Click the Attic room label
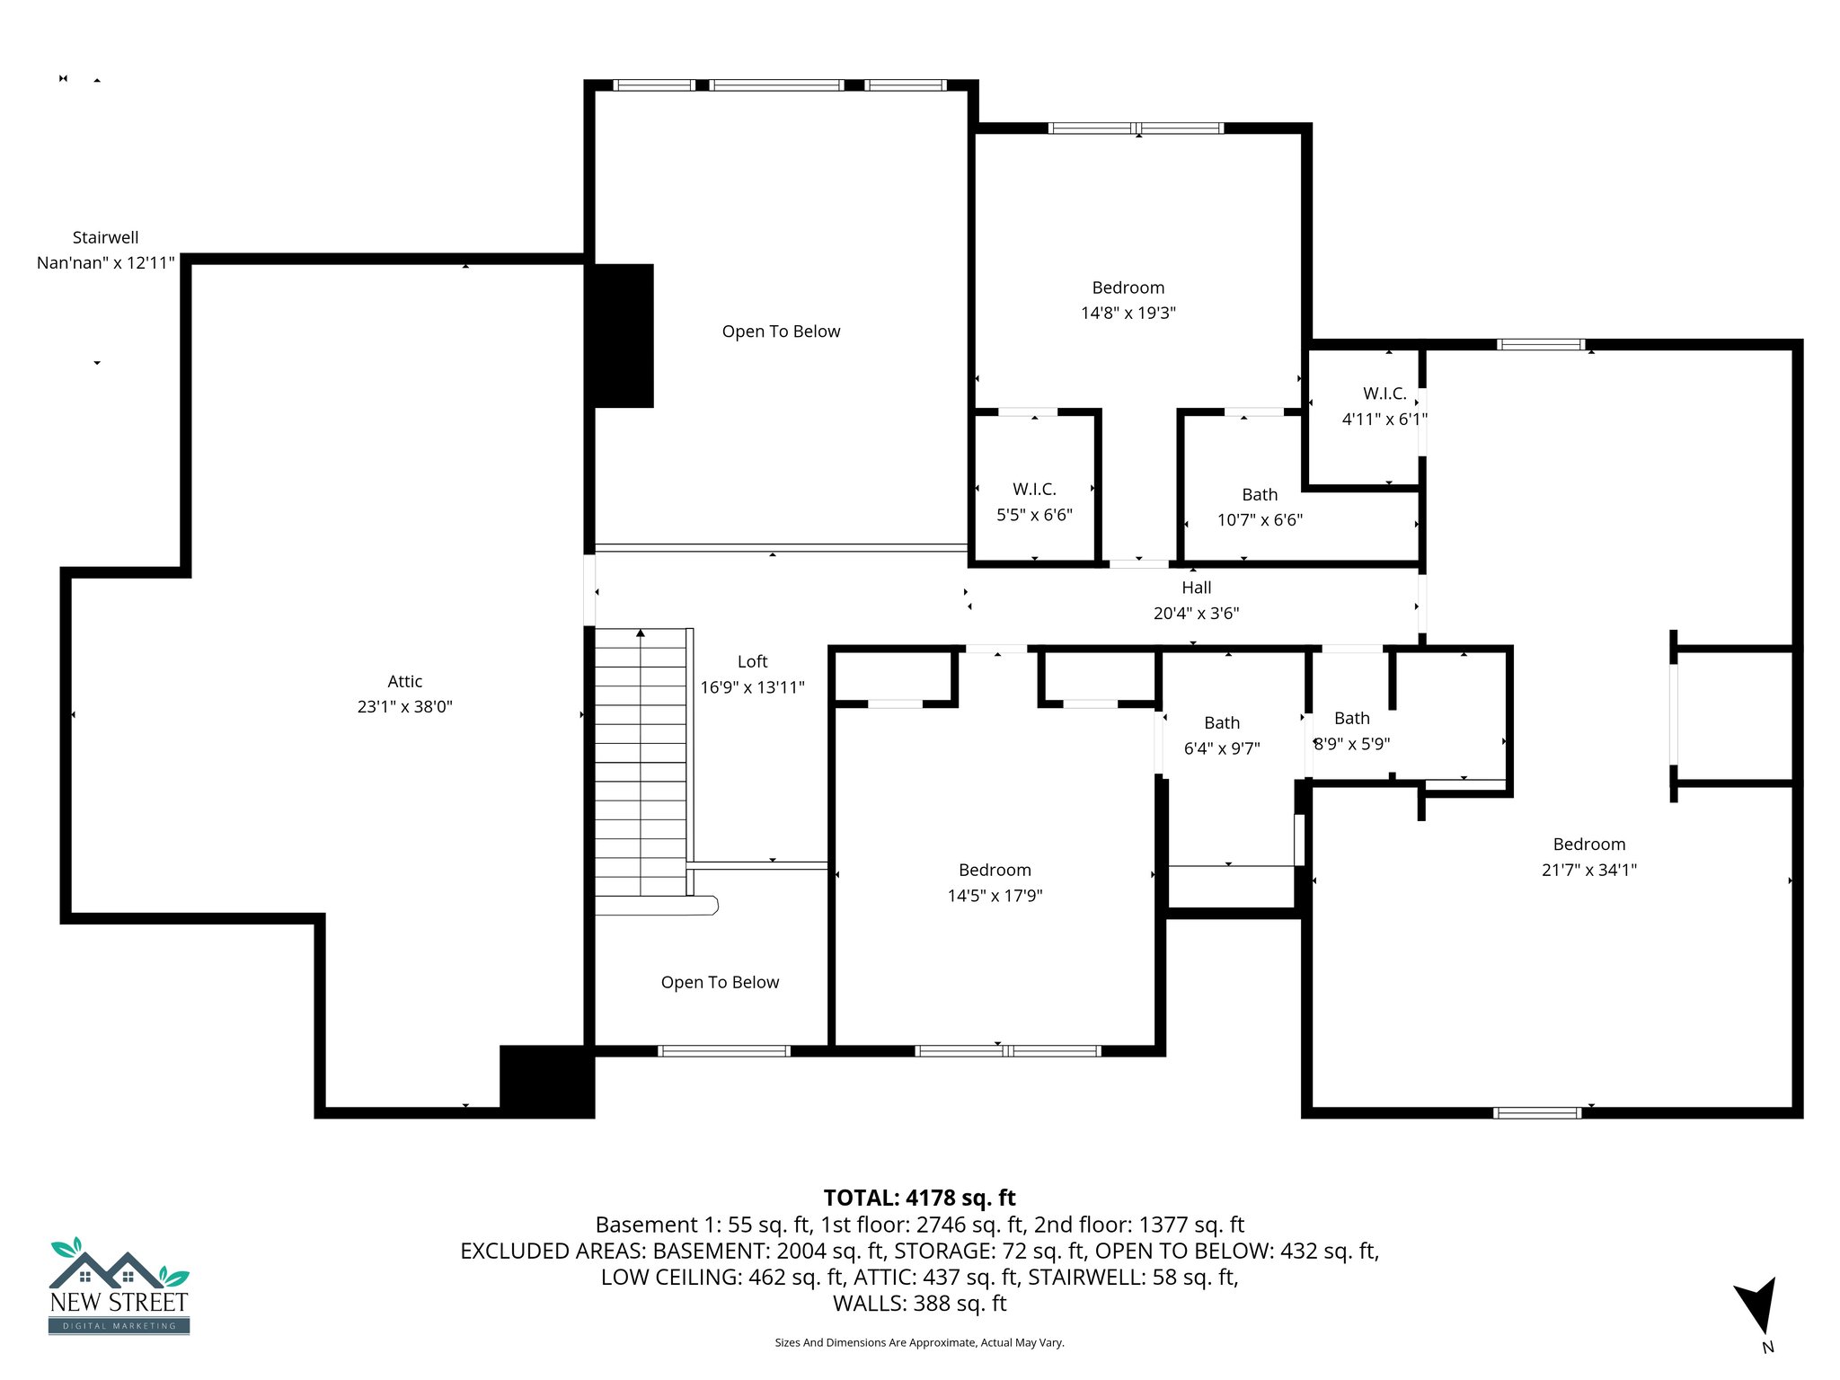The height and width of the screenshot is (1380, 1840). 404,681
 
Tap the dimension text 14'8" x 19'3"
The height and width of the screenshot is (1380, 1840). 1128,313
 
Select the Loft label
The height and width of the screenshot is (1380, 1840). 752,661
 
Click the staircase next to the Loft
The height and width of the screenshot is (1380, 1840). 641,764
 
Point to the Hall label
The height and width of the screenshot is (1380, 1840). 1196,588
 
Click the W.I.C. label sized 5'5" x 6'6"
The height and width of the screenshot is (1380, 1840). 1034,489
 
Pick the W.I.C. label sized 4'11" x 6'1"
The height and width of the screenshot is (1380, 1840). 1384,394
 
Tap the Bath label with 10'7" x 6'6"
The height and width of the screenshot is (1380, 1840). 1260,494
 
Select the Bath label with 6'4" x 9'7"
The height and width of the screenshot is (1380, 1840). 1221,722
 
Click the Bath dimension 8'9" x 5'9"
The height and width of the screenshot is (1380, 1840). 1352,744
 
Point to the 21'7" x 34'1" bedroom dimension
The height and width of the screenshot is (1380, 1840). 1588,870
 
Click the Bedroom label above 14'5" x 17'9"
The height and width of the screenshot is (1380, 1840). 995,870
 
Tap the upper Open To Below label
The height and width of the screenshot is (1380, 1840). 781,332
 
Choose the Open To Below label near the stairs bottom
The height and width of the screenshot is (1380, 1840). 720,982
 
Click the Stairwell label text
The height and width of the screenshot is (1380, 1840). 105,237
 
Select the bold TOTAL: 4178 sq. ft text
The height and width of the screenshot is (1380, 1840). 919,1198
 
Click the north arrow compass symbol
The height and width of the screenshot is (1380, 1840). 1756,1305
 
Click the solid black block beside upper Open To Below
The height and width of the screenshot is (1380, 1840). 620,335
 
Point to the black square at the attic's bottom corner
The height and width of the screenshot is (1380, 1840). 546,1081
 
